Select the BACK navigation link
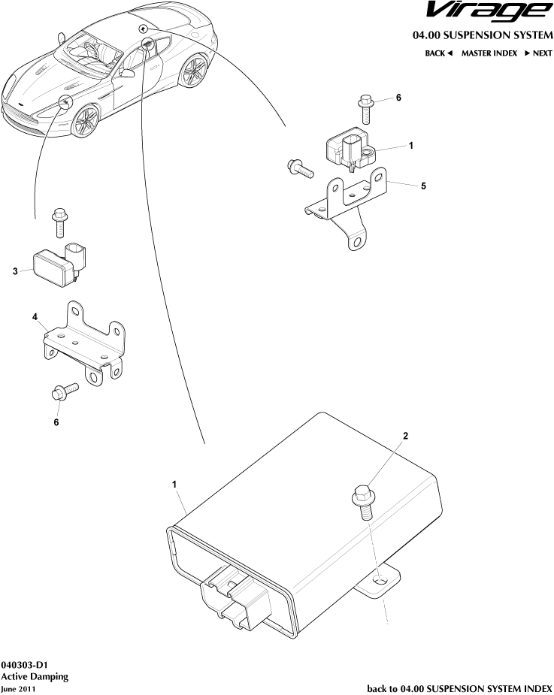coord(437,53)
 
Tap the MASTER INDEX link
coord(489,53)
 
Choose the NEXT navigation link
coord(538,53)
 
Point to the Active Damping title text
coord(35,676)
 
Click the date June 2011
coord(18,688)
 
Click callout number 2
coord(406,436)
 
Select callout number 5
coord(424,186)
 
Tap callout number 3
coord(15,271)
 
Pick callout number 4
coord(35,318)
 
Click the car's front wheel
coord(85,120)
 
